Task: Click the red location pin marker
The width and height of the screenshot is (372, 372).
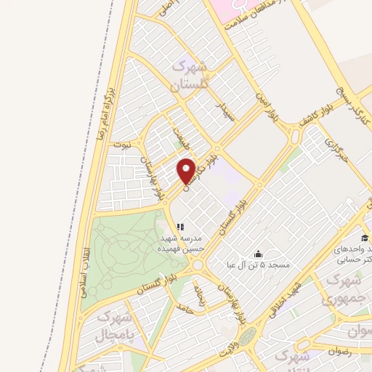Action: click(x=187, y=170)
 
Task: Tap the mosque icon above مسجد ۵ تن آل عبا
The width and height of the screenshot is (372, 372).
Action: click(x=259, y=254)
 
